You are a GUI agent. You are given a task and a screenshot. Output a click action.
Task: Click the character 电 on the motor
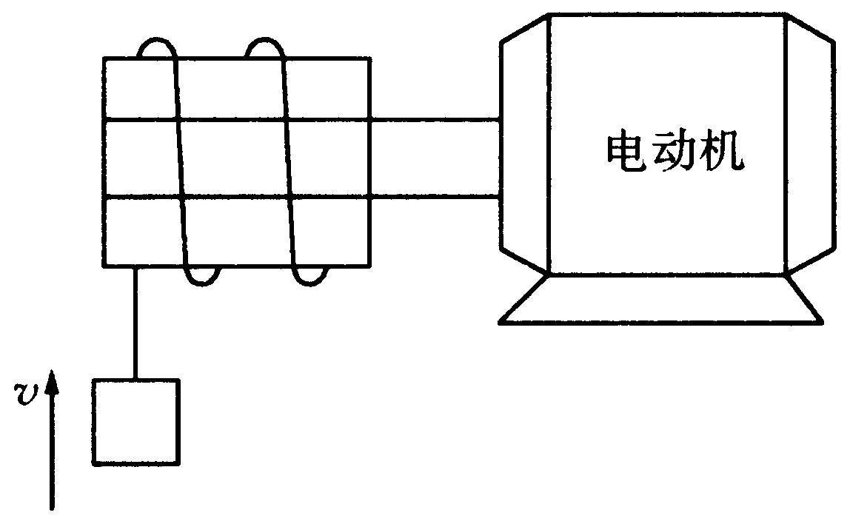[x=623, y=153]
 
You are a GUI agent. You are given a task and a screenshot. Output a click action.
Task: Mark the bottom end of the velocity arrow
[x=52, y=509]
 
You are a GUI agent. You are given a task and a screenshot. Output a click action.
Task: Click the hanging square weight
[x=135, y=423]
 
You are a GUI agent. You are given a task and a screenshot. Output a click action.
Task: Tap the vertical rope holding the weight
[x=135, y=323]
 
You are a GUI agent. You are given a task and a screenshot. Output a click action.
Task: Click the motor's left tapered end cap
[x=525, y=144]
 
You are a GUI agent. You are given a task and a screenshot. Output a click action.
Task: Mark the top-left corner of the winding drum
[x=104, y=58]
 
